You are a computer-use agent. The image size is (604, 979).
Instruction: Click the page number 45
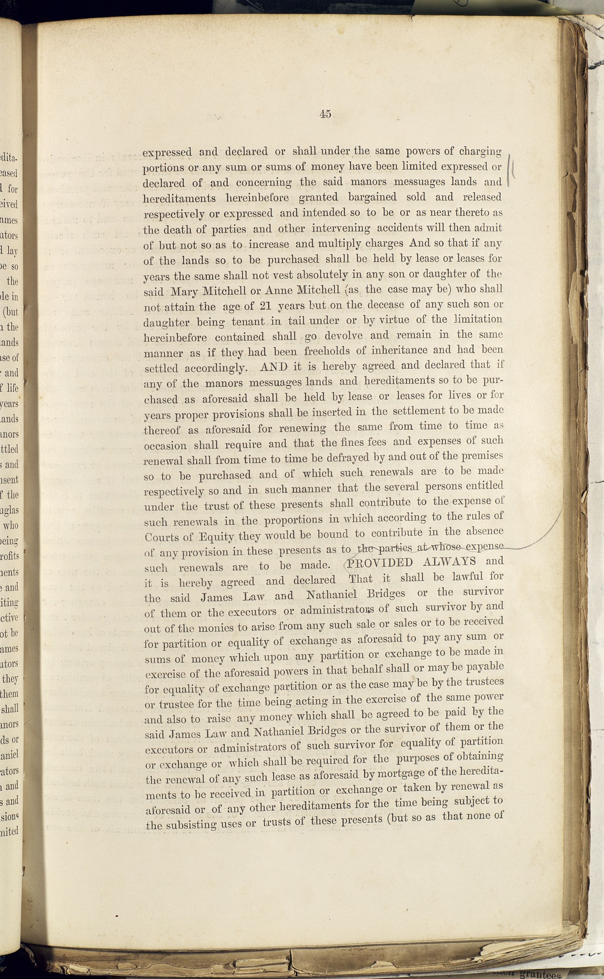point(325,114)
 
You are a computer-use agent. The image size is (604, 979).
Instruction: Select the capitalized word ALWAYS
point(449,561)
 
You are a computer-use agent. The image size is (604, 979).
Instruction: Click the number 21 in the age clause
point(266,307)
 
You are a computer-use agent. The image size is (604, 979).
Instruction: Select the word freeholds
point(327,351)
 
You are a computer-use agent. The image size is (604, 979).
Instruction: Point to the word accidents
point(404,229)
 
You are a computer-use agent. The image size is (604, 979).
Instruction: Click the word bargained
point(372,197)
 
